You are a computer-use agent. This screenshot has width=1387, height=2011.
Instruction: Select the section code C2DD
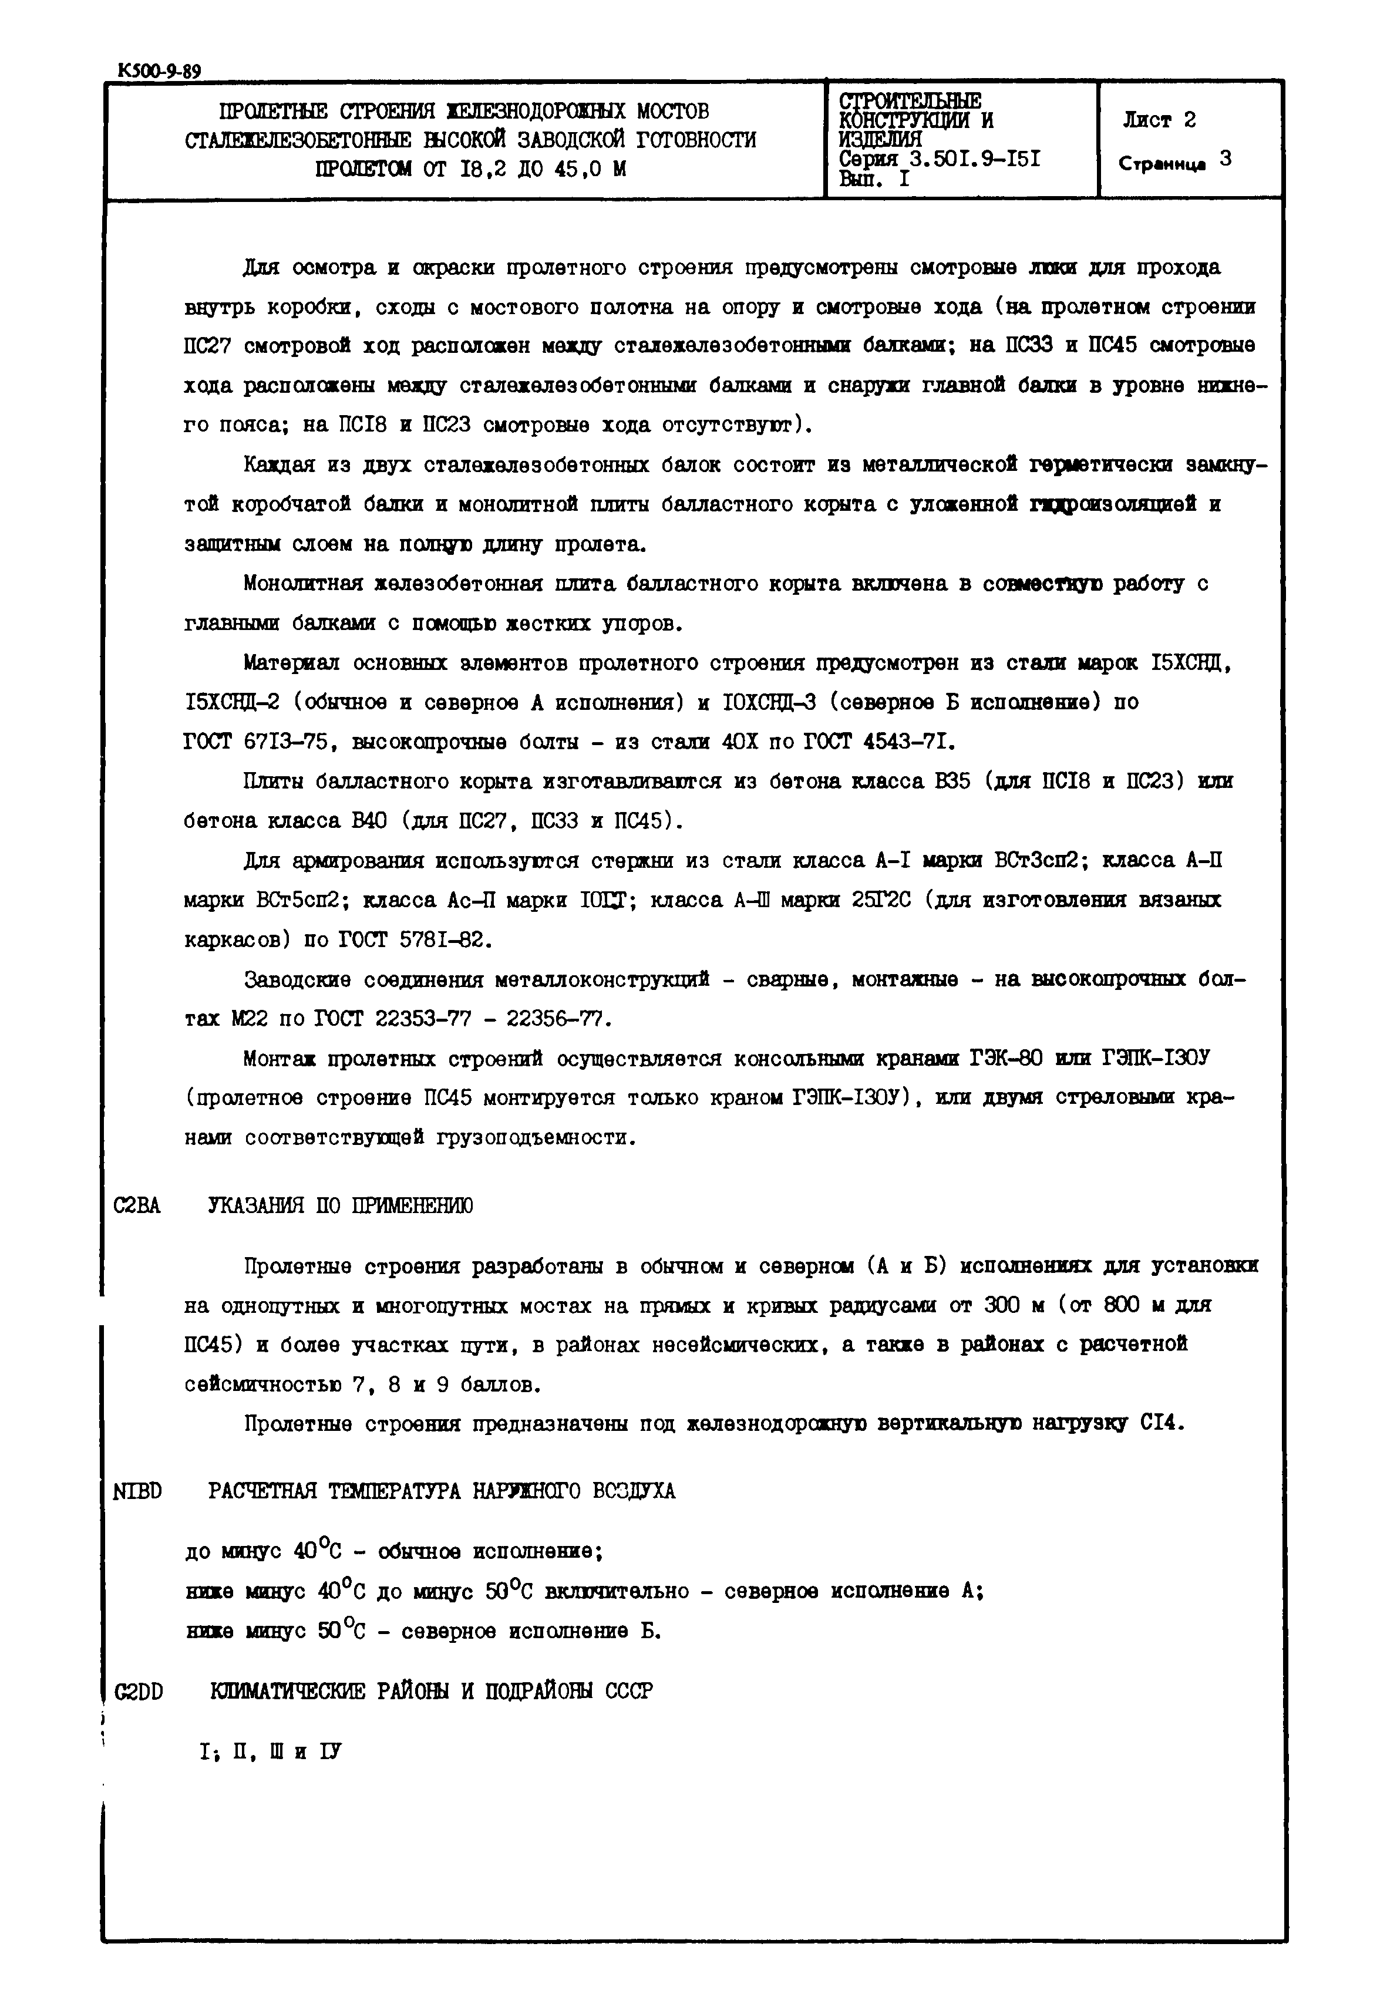click(139, 1691)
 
